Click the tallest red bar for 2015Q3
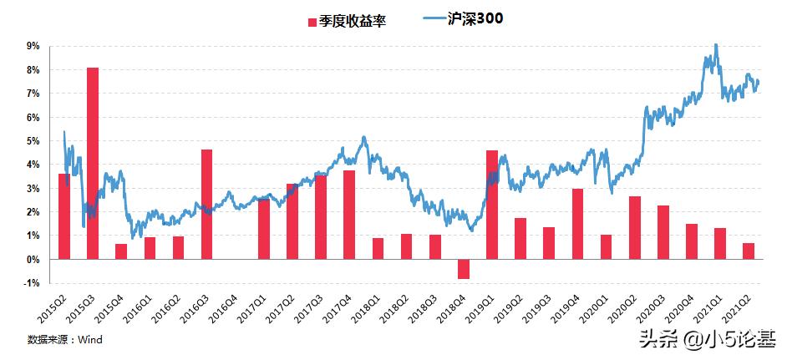tap(92, 163)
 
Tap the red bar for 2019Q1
tap(492, 205)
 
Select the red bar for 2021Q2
tap(749, 251)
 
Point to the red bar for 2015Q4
tap(121, 251)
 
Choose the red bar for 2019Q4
tap(577, 224)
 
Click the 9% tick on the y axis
tap(33, 47)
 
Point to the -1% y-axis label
tap(32, 283)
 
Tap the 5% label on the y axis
tap(33, 141)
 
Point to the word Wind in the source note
tap(90, 340)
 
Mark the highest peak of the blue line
tap(716, 44)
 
